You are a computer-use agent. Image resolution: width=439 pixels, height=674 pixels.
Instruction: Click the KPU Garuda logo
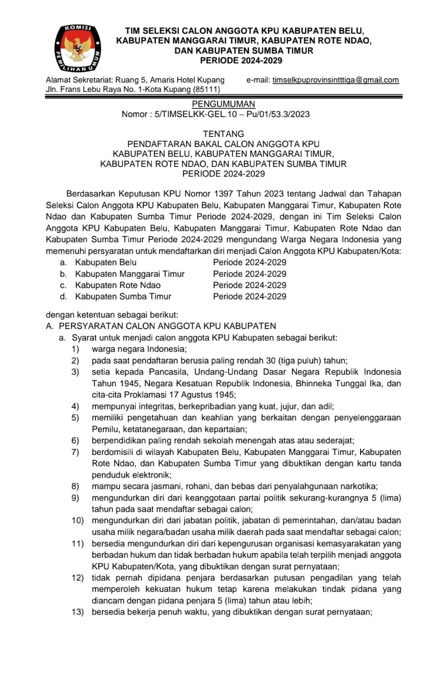click(78, 48)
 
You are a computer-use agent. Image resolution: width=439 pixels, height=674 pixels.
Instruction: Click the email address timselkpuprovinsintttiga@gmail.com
click(335, 80)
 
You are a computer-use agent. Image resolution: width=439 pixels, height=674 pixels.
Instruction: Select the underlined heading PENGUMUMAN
click(223, 104)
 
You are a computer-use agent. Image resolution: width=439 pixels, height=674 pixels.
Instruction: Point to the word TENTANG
click(223, 134)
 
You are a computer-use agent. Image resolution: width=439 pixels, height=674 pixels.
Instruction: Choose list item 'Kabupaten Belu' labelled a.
click(106, 262)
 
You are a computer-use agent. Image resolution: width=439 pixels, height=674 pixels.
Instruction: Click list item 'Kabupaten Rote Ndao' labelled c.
click(118, 285)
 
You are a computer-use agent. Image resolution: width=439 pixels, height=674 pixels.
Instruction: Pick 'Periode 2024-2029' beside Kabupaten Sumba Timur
click(249, 297)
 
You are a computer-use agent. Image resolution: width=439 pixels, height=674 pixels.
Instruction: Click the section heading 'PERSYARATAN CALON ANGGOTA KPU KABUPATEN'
click(167, 326)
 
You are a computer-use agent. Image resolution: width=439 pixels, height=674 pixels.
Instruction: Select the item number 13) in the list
click(78, 612)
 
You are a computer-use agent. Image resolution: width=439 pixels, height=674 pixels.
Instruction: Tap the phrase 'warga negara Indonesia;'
click(139, 349)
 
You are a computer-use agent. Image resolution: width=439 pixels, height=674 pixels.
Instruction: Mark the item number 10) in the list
click(78, 520)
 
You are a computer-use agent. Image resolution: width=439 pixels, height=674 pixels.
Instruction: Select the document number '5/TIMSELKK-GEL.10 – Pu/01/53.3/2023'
click(232, 114)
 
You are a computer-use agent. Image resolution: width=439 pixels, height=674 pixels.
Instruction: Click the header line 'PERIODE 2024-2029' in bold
click(241, 61)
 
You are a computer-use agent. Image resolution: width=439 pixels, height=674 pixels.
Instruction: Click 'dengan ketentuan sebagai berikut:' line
click(112, 314)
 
